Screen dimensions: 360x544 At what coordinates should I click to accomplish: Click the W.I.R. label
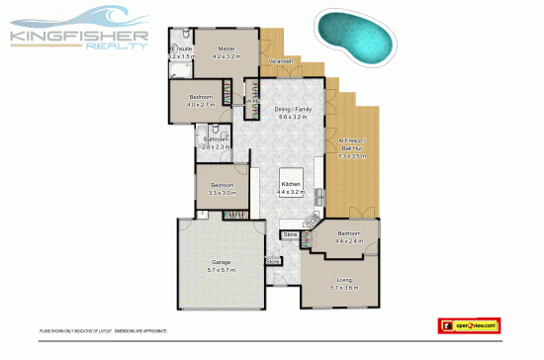point(251,100)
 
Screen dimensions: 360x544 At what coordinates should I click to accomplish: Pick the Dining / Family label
point(293,110)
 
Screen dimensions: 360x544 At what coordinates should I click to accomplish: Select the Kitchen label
point(291,185)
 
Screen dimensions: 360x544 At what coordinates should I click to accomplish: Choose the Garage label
point(221,262)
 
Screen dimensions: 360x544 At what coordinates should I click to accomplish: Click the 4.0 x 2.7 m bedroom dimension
point(201,103)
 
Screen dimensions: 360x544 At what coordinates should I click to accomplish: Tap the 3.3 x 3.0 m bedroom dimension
point(223,192)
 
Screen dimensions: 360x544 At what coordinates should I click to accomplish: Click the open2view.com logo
point(470,324)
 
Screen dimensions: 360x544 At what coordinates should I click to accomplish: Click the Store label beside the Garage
point(273,262)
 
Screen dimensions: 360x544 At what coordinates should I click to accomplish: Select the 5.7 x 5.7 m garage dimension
point(221,269)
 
